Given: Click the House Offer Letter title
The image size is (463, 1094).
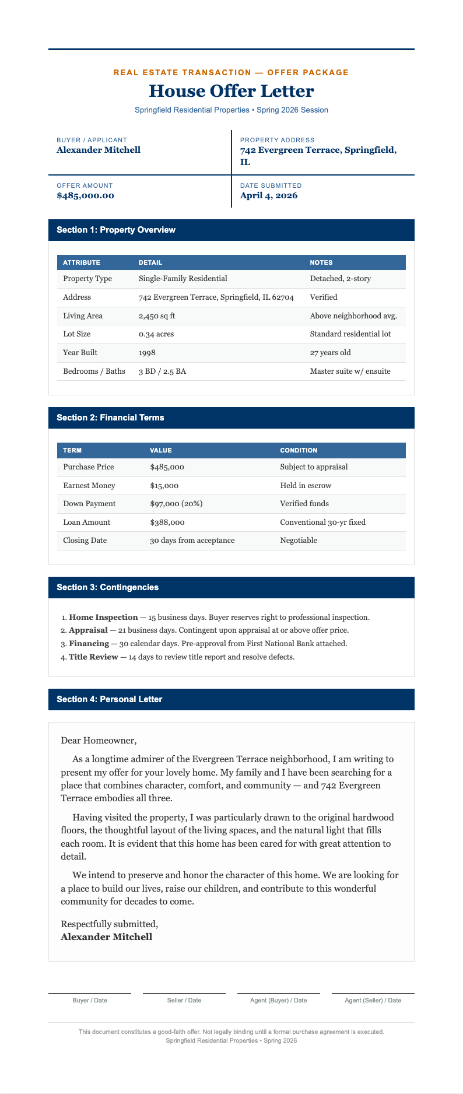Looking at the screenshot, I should [x=232, y=91].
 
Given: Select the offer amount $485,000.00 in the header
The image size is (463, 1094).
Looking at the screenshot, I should [x=85, y=195].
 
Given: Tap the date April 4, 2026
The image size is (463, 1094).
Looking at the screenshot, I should [x=269, y=195].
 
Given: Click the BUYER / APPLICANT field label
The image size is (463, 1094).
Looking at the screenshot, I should [x=92, y=140].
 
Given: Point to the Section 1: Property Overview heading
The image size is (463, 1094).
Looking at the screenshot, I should [x=116, y=230].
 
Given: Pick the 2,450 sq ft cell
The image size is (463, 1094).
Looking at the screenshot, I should [x=157, y=315].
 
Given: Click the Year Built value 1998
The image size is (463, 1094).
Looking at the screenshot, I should [x=147, y=353].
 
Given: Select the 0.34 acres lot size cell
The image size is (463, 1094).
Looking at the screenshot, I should [x=156, y=334].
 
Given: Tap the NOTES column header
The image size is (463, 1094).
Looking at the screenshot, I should [x=321, y=262].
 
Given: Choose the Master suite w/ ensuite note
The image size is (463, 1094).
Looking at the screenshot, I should [x=350, y=371].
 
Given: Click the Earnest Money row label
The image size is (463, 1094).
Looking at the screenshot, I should [x=89, y=485].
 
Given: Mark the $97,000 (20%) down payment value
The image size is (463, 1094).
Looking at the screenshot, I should [x=176, y=503].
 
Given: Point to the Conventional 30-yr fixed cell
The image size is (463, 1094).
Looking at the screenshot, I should [x=322, y=522].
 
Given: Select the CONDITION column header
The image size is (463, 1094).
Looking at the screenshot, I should [x=299, y=450].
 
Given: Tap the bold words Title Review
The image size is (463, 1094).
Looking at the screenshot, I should [x=93, y=657].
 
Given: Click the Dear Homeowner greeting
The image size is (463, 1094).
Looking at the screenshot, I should [x=99, y=741].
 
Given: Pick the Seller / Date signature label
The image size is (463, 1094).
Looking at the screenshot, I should [x=184, y=1000].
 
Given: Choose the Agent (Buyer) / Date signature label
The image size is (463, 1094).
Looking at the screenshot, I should [x=279, y=1000].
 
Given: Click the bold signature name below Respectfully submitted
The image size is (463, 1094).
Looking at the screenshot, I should [x=106, y=937].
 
